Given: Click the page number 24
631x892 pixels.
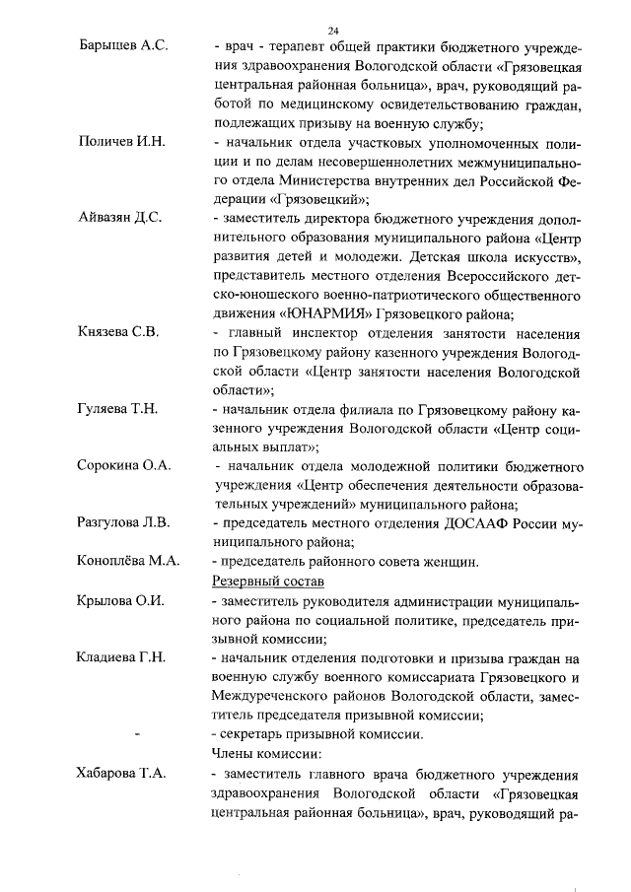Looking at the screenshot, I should point(333,31).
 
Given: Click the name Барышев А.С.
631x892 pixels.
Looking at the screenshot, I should point(123,48).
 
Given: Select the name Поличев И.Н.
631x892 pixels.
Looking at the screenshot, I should point(121,143).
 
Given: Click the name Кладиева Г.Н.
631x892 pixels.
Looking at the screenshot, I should point(120,656).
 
